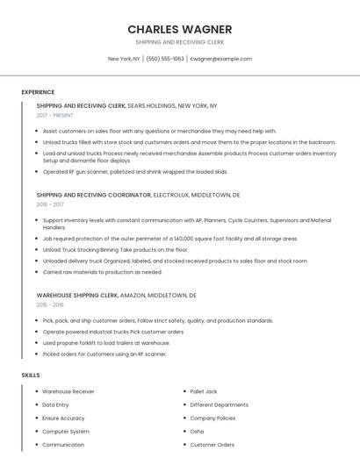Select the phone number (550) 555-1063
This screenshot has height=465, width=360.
tap(165, 59)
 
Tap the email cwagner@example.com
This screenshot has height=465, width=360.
tap(221, 59)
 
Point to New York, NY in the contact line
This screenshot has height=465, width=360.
tap(124, 59)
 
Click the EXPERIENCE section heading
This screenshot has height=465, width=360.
tap(38, 92)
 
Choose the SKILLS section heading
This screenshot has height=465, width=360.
tap(31, 376)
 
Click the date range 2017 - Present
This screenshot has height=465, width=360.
tap(54, 115)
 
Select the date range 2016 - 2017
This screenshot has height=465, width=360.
tap(50, 204)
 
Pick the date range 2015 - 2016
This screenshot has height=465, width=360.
tap(50, 305)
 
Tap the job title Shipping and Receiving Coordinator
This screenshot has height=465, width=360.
tap(94, 195)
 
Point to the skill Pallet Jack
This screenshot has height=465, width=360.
tap(204, 391)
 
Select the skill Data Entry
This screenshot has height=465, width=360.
tap(55, 404)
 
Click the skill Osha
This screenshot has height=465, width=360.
tap(198, 432)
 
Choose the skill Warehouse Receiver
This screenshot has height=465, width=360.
tap(68, 391)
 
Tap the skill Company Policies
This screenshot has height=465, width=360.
tap(213, 418)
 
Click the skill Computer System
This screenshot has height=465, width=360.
tap(66, 432)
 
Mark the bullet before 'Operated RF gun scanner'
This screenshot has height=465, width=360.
tap(37, 172)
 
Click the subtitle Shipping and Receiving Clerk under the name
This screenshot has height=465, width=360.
tap(179, 42)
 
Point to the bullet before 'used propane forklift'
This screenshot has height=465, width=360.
tap(37, 343)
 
